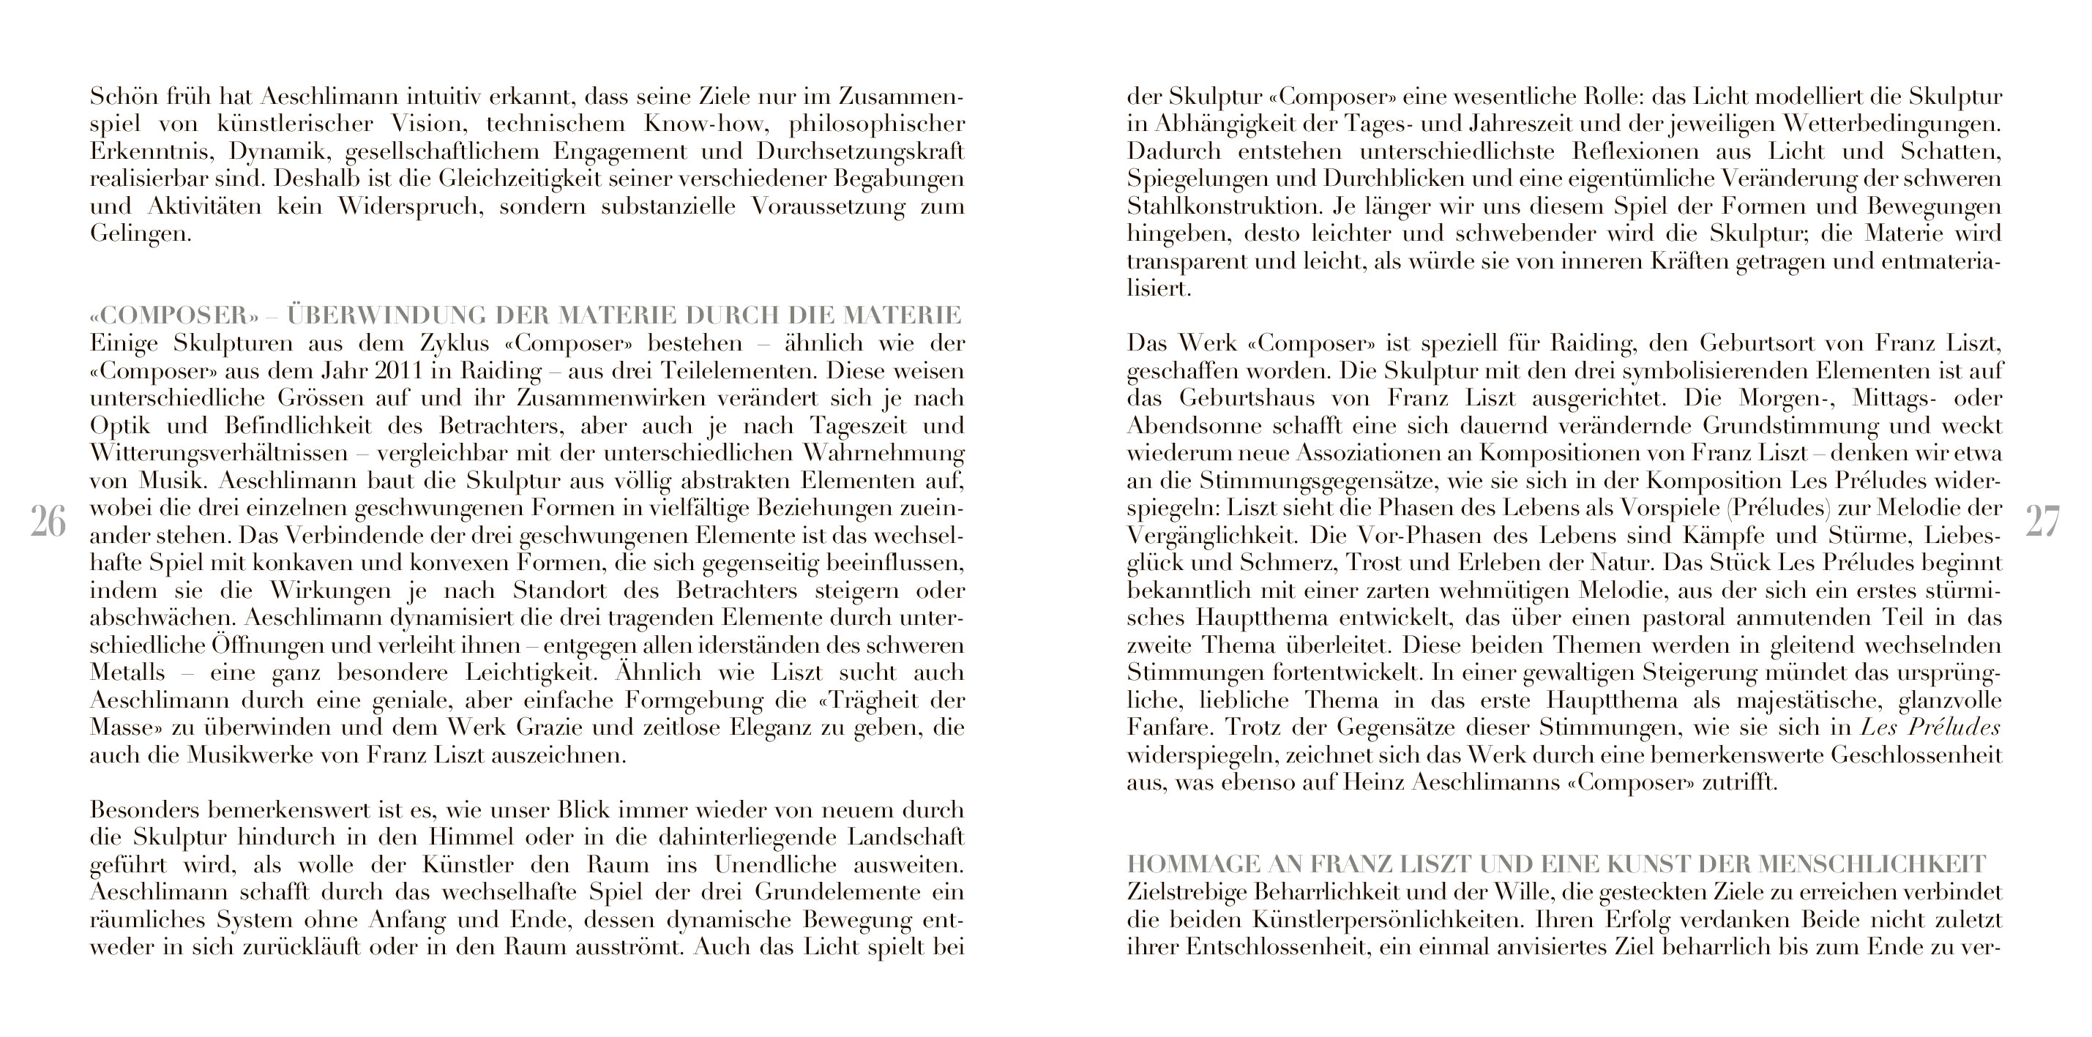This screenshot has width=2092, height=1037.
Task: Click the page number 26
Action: click(x=48, y=521)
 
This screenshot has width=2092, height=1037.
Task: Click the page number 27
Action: click(x=2042, y=521)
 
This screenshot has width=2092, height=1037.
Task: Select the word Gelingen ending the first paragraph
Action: click(x=140, y=235)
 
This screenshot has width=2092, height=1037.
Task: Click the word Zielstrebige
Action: click(x=1186, y=891)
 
